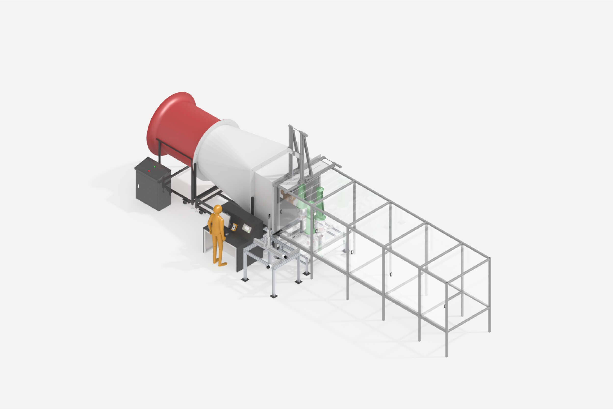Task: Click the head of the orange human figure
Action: pos(217,209)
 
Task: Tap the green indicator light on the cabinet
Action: pos(155,167)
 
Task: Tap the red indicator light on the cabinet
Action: pos(149,171)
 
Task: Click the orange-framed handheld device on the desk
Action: pos(234,227)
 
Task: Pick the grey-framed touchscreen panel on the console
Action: pos(246,229)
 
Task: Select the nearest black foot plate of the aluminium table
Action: pos(273,296)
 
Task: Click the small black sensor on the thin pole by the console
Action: pos(269,216)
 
